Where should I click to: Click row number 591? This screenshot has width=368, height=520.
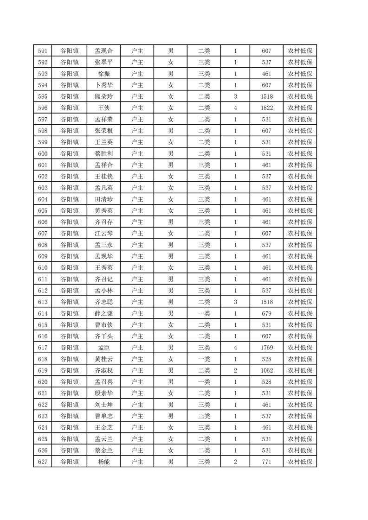[x=43, y=51]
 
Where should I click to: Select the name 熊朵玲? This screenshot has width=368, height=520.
[x=103, y=96]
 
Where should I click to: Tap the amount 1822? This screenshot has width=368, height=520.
[x=266, y=108]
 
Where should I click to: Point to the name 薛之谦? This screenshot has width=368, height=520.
[x=103, y=313]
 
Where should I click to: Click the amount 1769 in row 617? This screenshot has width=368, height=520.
[x=266, y=348]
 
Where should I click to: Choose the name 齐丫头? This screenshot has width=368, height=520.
[x=103, y=336]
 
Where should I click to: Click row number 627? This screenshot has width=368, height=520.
[x=43, y=462]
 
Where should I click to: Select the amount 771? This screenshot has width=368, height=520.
[x=266, y=462]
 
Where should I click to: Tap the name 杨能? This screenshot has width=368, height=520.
[x=103, y=462]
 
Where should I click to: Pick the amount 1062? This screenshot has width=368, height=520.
[x=266, y=370]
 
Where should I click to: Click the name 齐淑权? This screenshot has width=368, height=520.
[x=103, y=370]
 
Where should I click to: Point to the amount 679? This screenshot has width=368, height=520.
[x=266, y=313]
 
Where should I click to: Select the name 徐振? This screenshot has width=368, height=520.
[x=103, y=74]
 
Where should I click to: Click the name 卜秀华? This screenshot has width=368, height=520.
[x=103, y=85]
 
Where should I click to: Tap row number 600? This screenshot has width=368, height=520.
[x=43, y=153]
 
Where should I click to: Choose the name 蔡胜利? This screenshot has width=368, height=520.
[x=103, y=153]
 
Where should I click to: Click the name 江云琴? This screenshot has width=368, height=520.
[x=103, y=234]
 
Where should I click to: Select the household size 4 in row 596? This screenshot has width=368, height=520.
[x=235, y=108]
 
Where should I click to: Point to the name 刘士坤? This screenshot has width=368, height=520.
[x=103, y=405]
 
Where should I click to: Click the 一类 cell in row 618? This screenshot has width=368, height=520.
[x=204, y=359]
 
